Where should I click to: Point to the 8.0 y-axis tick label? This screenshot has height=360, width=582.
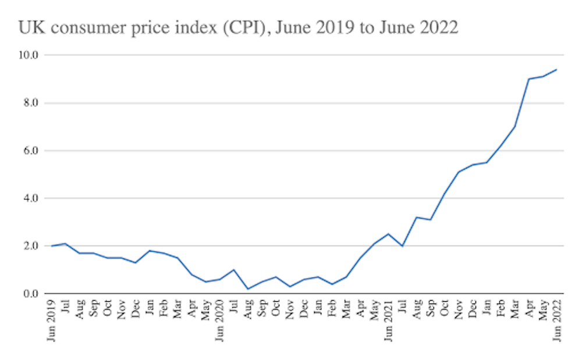29,103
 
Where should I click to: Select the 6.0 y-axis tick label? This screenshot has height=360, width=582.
29,151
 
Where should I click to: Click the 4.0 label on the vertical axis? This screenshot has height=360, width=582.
29,198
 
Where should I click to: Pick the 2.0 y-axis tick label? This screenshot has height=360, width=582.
29,246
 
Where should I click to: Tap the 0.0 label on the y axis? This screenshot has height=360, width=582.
29,294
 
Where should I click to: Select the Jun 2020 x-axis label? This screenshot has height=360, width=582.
219,320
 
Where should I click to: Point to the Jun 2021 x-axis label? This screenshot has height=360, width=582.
388,320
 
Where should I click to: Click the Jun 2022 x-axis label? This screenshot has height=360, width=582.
556,320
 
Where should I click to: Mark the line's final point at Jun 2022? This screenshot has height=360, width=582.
556,70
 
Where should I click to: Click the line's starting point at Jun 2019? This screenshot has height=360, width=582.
52,246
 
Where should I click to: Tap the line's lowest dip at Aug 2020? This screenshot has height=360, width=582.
248,288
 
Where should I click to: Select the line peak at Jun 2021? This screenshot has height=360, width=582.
388,234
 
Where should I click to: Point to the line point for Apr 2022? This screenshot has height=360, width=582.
528,79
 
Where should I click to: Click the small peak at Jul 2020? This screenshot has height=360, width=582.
233,270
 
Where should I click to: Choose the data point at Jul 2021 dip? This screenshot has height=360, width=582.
402,246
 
